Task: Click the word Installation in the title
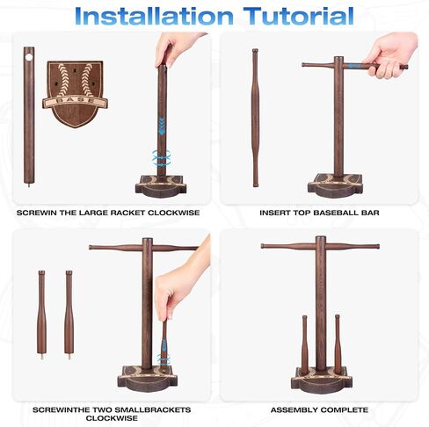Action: [x=154, y=16]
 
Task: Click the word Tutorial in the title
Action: [x=299, y=16]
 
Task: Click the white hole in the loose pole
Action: [x=29, y=57]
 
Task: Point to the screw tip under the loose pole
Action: [x=29, y=185]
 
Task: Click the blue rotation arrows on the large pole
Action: [x=161, y=157]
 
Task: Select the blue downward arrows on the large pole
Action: [x=162, y=126]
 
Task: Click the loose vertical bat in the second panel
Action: [x=256, y=118]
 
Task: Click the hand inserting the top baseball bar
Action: [x=389, y=54]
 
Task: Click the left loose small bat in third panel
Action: [x=41, y=315]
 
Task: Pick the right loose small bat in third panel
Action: [x=69, y=315]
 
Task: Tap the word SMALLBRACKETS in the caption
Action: [x=152, y=409]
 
